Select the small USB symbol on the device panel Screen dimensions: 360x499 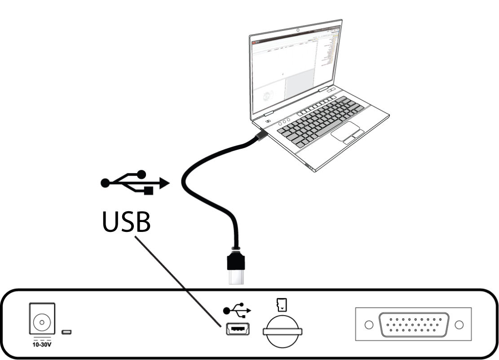237,311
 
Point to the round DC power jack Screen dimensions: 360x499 41,322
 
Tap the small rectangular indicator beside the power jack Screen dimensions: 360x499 67,333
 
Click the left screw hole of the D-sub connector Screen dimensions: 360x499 368,324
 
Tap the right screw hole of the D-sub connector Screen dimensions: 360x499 459,324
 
